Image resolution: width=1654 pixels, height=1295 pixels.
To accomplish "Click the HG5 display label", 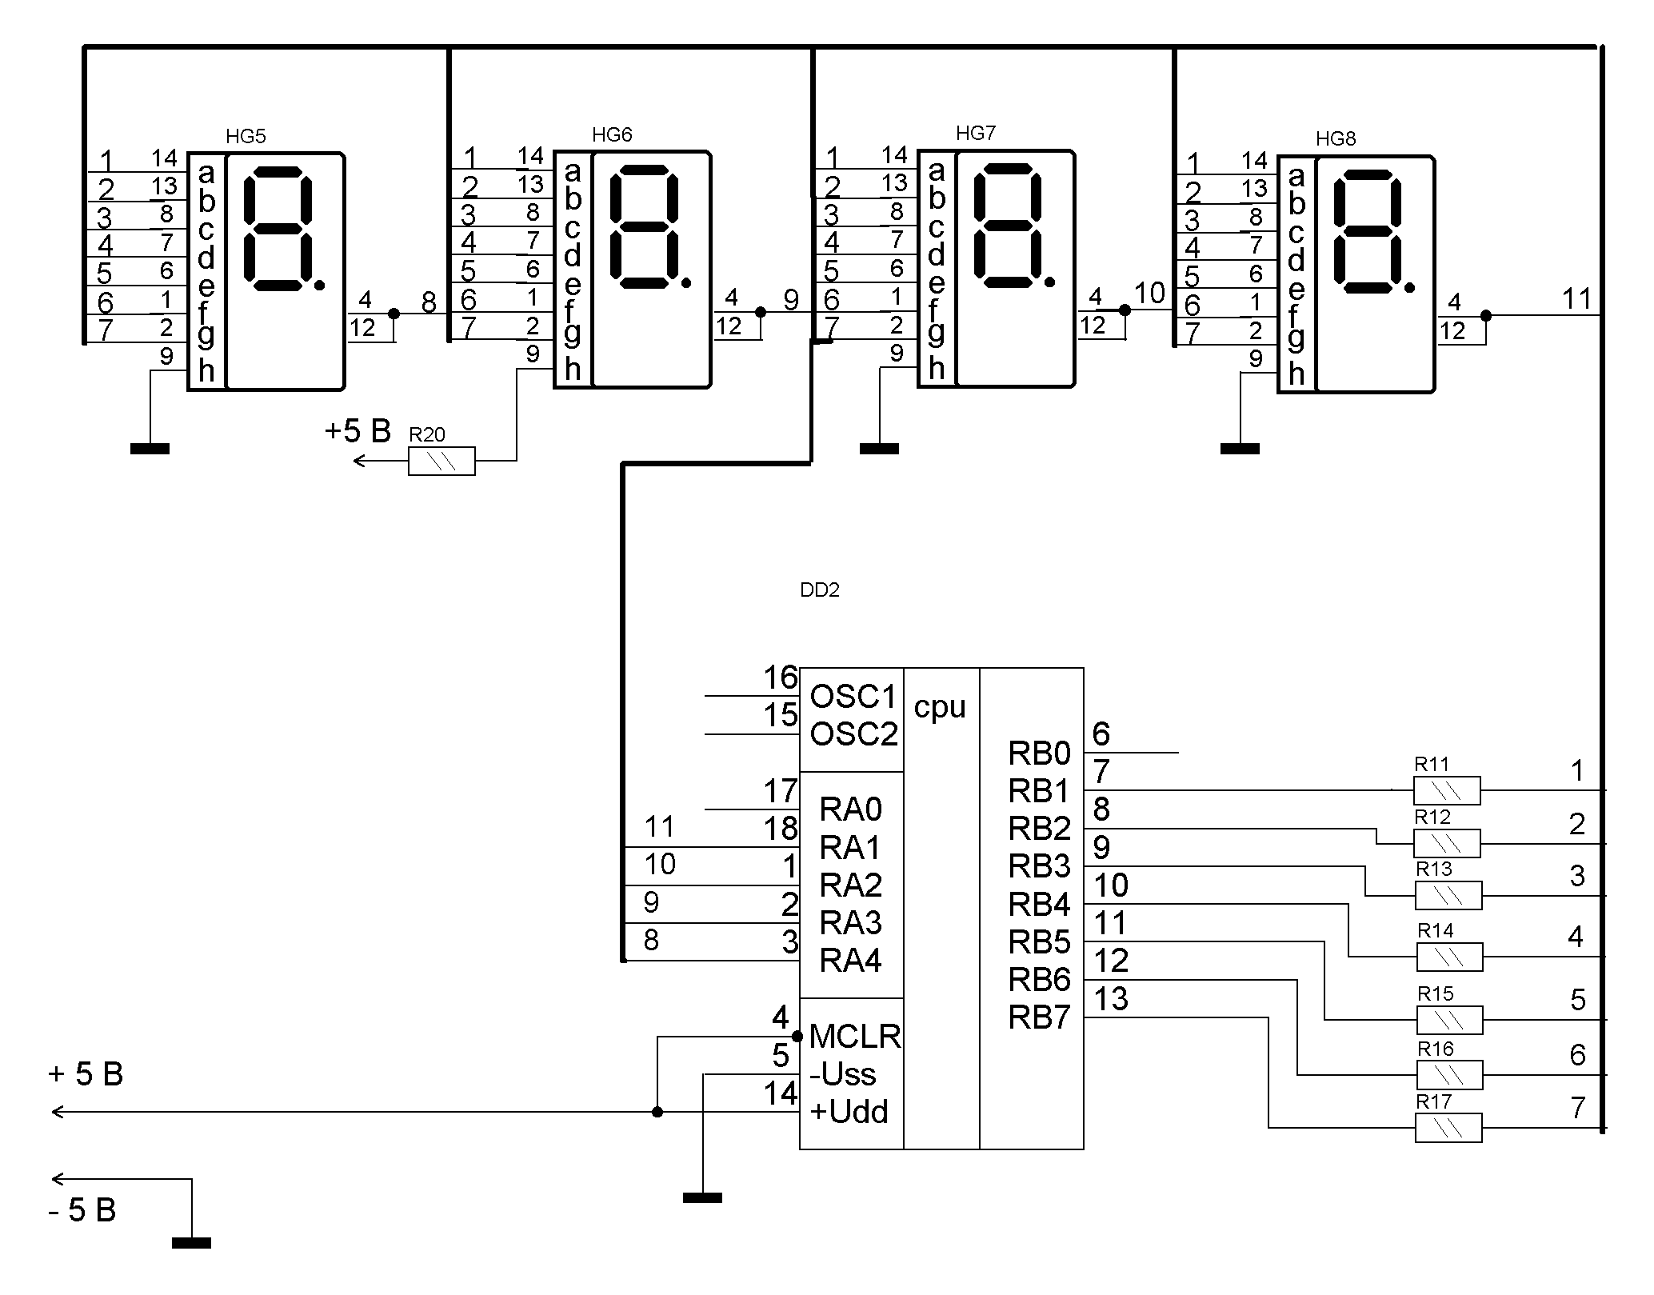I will click(x=246, y=136).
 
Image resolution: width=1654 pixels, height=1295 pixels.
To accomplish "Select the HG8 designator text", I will click(x=1336, y=138).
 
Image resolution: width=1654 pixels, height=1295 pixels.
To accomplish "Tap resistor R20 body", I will click(x=441, y=462).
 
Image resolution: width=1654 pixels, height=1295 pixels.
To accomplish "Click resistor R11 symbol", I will click(x=1447, y=791).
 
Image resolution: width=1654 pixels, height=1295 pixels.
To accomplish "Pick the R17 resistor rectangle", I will click(x=1448, y=1128).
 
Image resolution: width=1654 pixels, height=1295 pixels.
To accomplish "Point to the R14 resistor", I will click(x=1449, y=957).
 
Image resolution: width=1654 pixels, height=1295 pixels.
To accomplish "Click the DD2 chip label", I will click(x=820, y=590).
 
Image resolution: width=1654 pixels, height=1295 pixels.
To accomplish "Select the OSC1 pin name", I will click(x=853, y=697).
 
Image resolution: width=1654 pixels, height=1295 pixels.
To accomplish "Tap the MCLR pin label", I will click(x=855, y=1037).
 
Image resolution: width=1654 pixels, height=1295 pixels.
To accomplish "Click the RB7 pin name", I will click(x=1039, y=1017).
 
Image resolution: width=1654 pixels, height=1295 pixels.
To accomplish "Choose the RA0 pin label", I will click(x=850, y=810).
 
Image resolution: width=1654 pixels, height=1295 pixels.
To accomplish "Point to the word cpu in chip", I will click(x=940, y=707).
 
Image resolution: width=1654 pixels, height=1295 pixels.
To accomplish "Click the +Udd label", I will click(x=849, y=1112).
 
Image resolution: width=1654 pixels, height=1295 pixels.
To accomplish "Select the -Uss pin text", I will click(x=842, y=1074).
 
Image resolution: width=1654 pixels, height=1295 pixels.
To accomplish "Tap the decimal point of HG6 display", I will click(x=685, y=282).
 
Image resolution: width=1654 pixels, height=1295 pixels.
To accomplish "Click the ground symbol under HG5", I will click(x=150, y=449).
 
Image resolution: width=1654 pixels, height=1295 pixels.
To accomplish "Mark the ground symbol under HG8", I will click(x=1240, y=449).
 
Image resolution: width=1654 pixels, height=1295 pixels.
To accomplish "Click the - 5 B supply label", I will click(x=82, y=1210).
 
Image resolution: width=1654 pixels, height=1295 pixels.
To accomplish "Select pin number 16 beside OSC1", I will click(x=781, y=678).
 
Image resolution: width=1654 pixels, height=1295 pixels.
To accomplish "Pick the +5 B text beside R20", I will click(x=358, y=432).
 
